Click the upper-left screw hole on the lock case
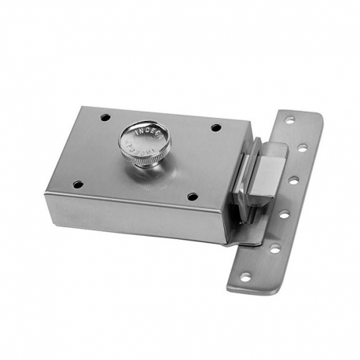(105, 117)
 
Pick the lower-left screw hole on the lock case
(77, 185)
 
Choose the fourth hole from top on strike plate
(285, 214)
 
